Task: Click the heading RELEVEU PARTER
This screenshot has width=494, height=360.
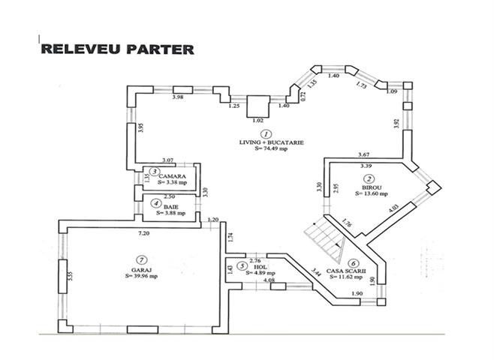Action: coord(116,49)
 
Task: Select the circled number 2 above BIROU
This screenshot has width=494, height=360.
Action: coord(369,178)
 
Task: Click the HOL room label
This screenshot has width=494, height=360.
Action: coord(258,266)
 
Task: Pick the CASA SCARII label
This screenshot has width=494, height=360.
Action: coord(357,270)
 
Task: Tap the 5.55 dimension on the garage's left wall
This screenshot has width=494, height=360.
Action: coord(70,275)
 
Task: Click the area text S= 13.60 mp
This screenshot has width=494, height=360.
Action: coord(370,193)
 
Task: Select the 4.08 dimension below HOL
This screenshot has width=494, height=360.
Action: coord(258,281)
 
